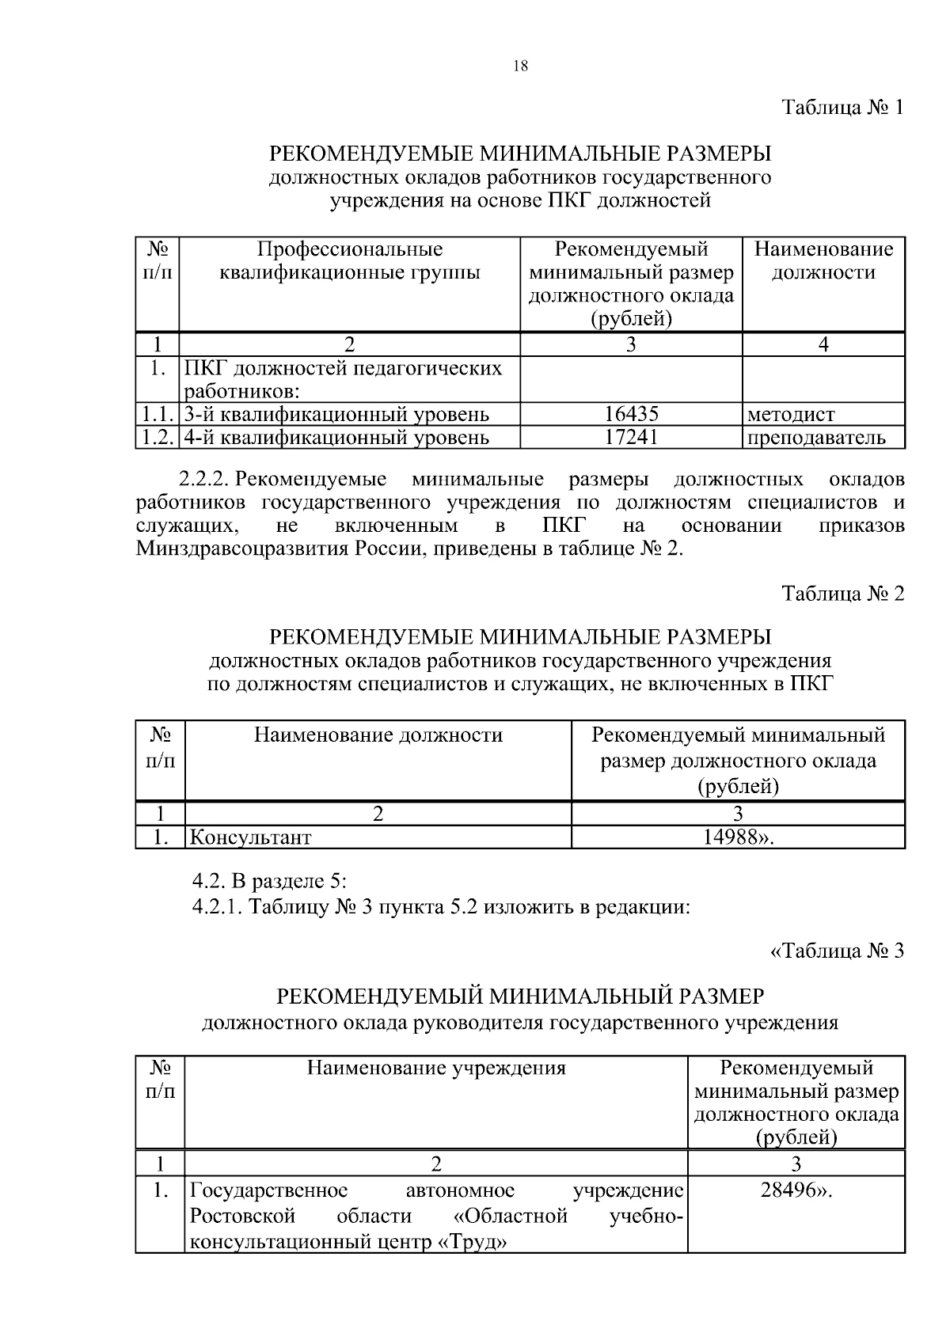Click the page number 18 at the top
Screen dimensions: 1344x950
point(520,66)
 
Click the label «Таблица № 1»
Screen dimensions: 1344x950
point(842,107)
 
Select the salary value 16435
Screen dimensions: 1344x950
point(631,413)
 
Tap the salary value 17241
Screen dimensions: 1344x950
point(631,436)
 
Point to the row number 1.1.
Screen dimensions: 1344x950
point(158,414)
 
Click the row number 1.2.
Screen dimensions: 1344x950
point(158,437)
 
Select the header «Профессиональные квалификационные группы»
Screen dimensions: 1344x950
point(349,261)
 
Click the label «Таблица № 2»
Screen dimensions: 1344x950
point(842,594)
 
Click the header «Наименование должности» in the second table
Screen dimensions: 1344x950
point(378,735)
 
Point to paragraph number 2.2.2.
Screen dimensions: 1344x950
point(204,480)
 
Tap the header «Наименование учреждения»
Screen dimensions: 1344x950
point(436,1068)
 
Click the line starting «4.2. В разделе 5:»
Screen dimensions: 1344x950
point(269,881)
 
